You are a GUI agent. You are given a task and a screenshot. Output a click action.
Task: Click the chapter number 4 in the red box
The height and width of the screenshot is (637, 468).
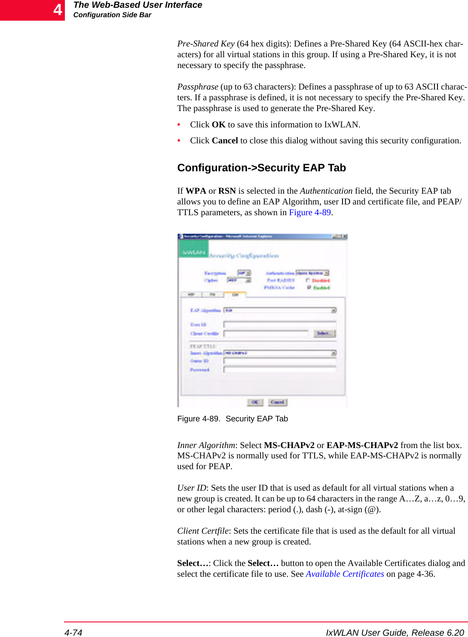(x=58, y=10)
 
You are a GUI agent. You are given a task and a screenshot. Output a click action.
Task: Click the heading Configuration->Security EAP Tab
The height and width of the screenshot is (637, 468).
(x=261, y=168)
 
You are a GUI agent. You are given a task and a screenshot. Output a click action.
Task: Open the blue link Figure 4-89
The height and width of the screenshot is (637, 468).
(x=309, y=213)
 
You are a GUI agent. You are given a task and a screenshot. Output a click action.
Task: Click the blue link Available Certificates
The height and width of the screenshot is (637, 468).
(x=345, y=574)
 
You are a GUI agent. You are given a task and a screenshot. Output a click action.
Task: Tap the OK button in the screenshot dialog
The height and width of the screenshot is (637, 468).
(x=255, y=402)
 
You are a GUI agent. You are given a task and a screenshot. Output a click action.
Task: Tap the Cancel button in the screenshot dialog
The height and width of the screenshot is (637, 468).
(x=278, y=402)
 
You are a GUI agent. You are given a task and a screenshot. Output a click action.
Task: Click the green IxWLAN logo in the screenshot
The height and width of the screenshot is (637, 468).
(x=193, y=252)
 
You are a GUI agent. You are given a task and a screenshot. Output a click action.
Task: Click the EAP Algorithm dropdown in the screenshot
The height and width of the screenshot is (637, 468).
(x=279, y=310)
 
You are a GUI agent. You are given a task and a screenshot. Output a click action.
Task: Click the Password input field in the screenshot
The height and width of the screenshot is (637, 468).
(x=279, y=370)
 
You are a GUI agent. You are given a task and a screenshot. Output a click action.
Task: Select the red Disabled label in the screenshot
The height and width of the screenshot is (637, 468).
(x=321, y=280)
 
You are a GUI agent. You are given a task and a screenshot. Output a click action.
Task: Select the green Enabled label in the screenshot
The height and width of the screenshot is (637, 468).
(x=321, y=288)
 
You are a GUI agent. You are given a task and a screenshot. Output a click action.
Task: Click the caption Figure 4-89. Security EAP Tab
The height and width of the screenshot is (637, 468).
(x=232, y=419)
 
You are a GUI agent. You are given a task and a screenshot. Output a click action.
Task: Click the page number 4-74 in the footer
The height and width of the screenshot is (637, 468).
(x=73, y=632)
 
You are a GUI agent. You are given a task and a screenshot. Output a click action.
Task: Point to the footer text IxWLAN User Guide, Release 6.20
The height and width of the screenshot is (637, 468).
(x=395, y=632)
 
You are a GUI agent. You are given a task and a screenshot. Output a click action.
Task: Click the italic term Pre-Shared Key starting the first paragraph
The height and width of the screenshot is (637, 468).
(x=206, y=44)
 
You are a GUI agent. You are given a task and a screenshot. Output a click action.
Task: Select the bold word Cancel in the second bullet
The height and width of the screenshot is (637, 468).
(x=225, y=141)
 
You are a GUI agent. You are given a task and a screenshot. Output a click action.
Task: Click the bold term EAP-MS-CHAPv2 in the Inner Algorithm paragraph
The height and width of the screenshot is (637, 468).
(x=362, y=445)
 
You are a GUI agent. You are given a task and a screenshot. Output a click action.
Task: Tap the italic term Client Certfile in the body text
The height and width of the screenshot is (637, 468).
(x=203, y=531)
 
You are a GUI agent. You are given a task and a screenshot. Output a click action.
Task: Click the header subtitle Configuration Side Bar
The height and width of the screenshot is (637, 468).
(x=112, y=15)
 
